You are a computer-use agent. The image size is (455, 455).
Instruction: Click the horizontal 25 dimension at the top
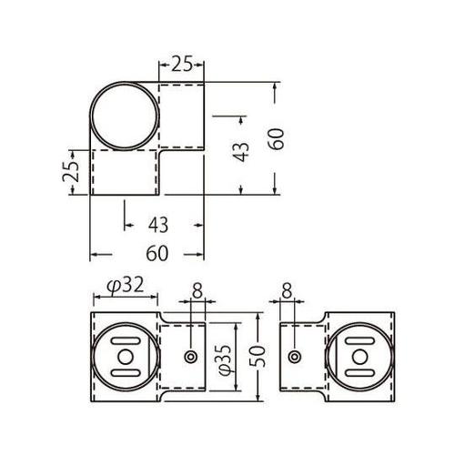[182, 64]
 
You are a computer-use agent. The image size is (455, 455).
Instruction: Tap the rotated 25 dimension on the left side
[70, 172]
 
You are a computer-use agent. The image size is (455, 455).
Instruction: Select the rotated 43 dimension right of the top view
[240, 152]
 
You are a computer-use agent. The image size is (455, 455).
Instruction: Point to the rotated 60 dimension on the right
[276, 139]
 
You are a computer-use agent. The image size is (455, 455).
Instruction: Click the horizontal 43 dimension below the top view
[158, 225]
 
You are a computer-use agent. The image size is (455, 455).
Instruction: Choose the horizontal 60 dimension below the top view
[157, 253]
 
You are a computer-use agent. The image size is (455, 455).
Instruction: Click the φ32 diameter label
[126, 286]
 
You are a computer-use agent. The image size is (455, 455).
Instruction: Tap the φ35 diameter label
[226, 360]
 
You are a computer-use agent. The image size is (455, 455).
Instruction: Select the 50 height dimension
[258, 356]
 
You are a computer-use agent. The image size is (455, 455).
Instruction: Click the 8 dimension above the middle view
[197, 290]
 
